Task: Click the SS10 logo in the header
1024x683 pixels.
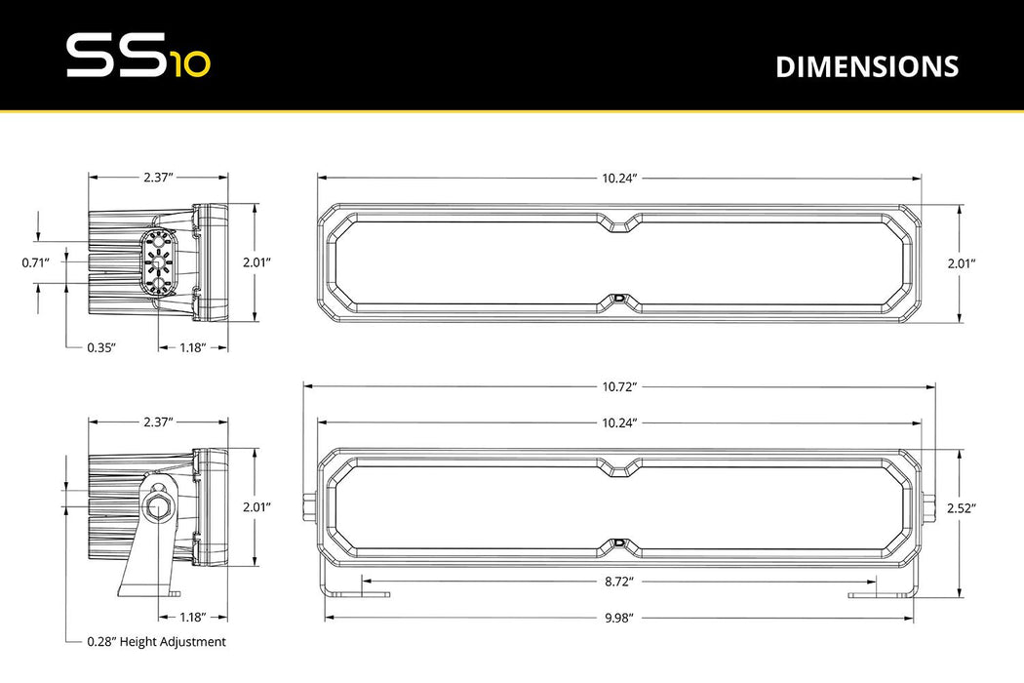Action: [137, 57]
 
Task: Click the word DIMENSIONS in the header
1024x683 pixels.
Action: [867, 66]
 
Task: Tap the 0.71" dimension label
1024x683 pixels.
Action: [37, 261]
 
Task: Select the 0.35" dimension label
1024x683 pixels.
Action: [100, 347]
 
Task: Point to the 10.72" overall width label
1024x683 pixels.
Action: [618, 387]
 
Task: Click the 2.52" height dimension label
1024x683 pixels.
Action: [961, 507]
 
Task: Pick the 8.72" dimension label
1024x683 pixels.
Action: [618, 582]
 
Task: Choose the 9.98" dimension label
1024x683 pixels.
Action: [618, 617]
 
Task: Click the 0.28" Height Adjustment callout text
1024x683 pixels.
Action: [156, 642]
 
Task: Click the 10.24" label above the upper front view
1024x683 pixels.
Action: [618, 179]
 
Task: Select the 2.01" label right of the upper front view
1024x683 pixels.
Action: [961, 262]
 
